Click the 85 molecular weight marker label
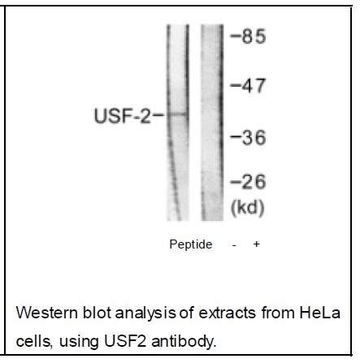pyautogui.click(x=254, y=37)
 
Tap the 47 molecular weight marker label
pyautogui.click(x=254, y=86)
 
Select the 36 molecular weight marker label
pyautogui.click(x=254, y=137)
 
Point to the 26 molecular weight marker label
pyautogui.click(x=254, y=182)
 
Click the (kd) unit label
pyautogui.click(x=247, y=208)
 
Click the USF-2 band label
pyautogui.click(x=122, y=116)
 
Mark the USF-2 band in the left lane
pyautogui.click(x=178, y=115)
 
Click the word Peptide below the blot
pyautogui.click(x=191, y=244)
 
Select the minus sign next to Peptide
pyautogui.click(x=234, y=245)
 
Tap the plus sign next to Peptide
pyautogui.click(x=256, y=244)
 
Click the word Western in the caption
pyautogui.click(x=47, y=313)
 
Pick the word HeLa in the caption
pyautogui.click(x=319, y=313)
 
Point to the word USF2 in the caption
pyautogui.click(x=125, y=341)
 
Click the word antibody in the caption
pyautogui.click(x=184, y=342)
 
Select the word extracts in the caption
pyautogui.click(x=228, y=313)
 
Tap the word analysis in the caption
pyautogui.click(x=145, y=313)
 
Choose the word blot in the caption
pyautogui.click(x=97, y=313)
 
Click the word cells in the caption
pyautogui.click(x=34, y=342)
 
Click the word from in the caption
pyautogui.click(x=278, y=313)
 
